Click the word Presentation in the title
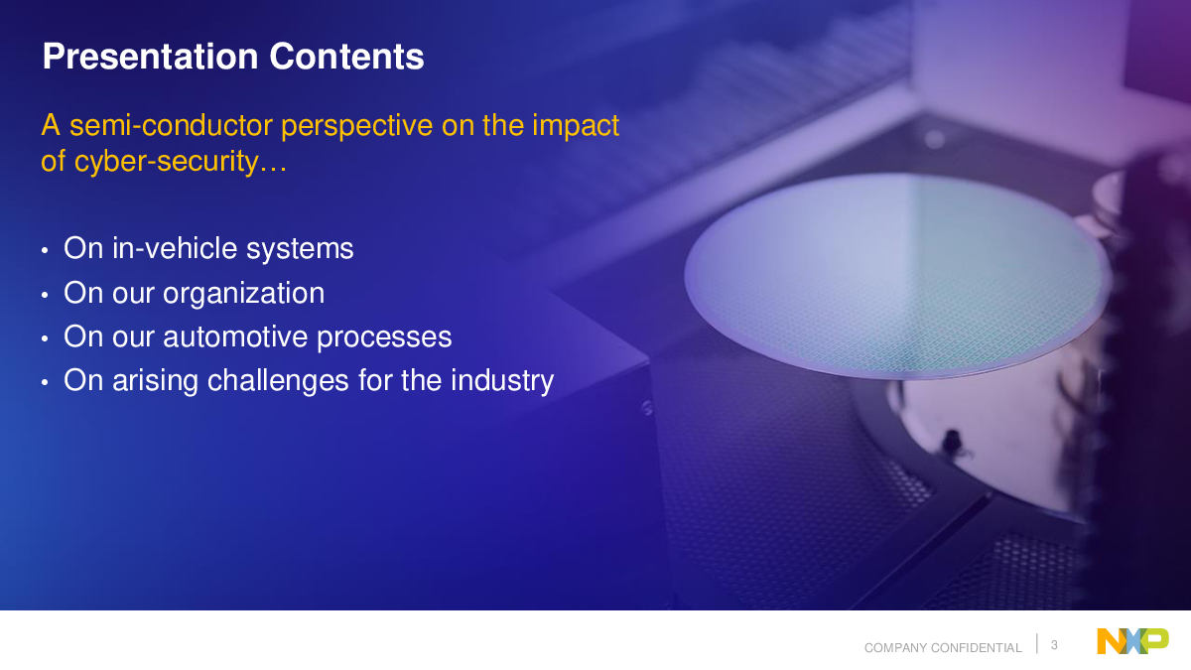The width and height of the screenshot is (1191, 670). [x=151, y=57]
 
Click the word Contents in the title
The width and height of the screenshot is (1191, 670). [x=346, y=57]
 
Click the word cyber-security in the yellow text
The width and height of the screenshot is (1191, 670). [x=167, y=162]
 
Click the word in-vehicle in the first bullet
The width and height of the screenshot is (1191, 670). [x=175, y=248]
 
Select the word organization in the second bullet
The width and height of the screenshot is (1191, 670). [x=243, y=293]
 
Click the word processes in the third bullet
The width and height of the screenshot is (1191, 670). [x=384, y=338]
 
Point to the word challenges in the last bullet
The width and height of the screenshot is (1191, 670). [x=278, y=381]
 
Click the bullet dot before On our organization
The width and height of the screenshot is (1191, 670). [x=45, y=295]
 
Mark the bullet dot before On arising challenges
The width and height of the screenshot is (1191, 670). [x=45, y=382]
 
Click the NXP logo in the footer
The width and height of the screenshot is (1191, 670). [x=1133, y=641]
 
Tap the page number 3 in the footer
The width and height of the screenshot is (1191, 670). [x=1054, y=645]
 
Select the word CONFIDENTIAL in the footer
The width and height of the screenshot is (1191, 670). [x=977, y=647]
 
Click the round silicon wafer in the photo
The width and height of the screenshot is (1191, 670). [x=897, y=276]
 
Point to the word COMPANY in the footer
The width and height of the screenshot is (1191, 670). [x=896, y=647]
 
